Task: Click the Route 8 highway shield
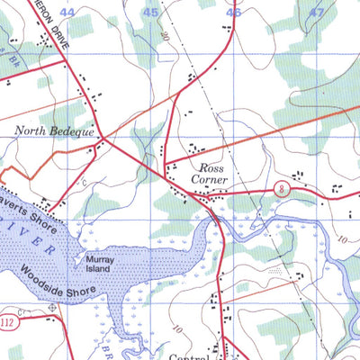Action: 283,187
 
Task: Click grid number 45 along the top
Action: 151,13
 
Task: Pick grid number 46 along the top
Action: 235,13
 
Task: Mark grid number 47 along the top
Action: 316,13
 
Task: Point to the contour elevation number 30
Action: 166,33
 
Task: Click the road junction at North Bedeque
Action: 102,139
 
